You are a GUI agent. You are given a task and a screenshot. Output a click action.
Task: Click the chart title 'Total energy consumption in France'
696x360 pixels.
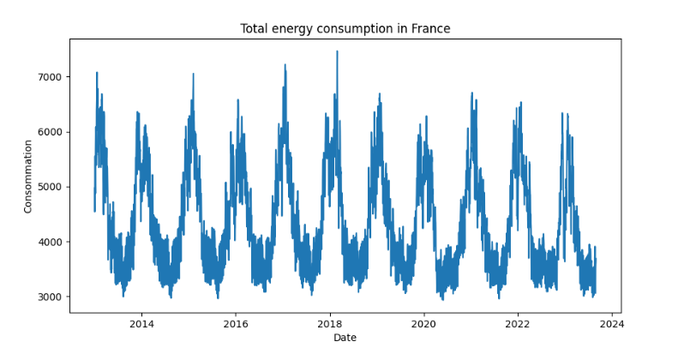point(345,29)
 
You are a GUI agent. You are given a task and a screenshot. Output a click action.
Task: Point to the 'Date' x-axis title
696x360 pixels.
point(345,338)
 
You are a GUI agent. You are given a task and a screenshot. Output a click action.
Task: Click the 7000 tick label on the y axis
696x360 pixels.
point(51,77)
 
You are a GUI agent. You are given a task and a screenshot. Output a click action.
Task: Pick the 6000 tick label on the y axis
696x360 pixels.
point(51,132)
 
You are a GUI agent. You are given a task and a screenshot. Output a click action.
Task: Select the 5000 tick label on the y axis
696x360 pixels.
point(51,187)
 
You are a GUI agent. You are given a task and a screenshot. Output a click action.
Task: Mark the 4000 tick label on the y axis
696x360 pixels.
point(51,242)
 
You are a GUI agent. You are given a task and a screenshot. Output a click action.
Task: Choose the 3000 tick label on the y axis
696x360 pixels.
point(51,297)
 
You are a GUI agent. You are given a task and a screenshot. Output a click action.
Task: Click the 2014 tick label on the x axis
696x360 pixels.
point(141,324)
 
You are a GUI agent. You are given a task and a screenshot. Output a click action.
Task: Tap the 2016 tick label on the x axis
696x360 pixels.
point(236,324)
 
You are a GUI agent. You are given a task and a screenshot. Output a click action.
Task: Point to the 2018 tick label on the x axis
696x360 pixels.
point(330,324)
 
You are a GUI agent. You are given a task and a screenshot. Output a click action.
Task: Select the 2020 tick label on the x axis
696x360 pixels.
point(423,324)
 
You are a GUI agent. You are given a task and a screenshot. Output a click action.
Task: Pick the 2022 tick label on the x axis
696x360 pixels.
point(518,324)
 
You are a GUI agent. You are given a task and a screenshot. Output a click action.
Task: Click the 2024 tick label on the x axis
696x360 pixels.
point(611,324)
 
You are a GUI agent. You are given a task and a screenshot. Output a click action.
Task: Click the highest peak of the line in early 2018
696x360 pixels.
point(337,51)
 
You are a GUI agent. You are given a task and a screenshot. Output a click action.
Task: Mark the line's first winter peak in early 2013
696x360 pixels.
point(97,73)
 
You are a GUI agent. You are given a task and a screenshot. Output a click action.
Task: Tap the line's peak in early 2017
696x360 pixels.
point(285,64)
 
